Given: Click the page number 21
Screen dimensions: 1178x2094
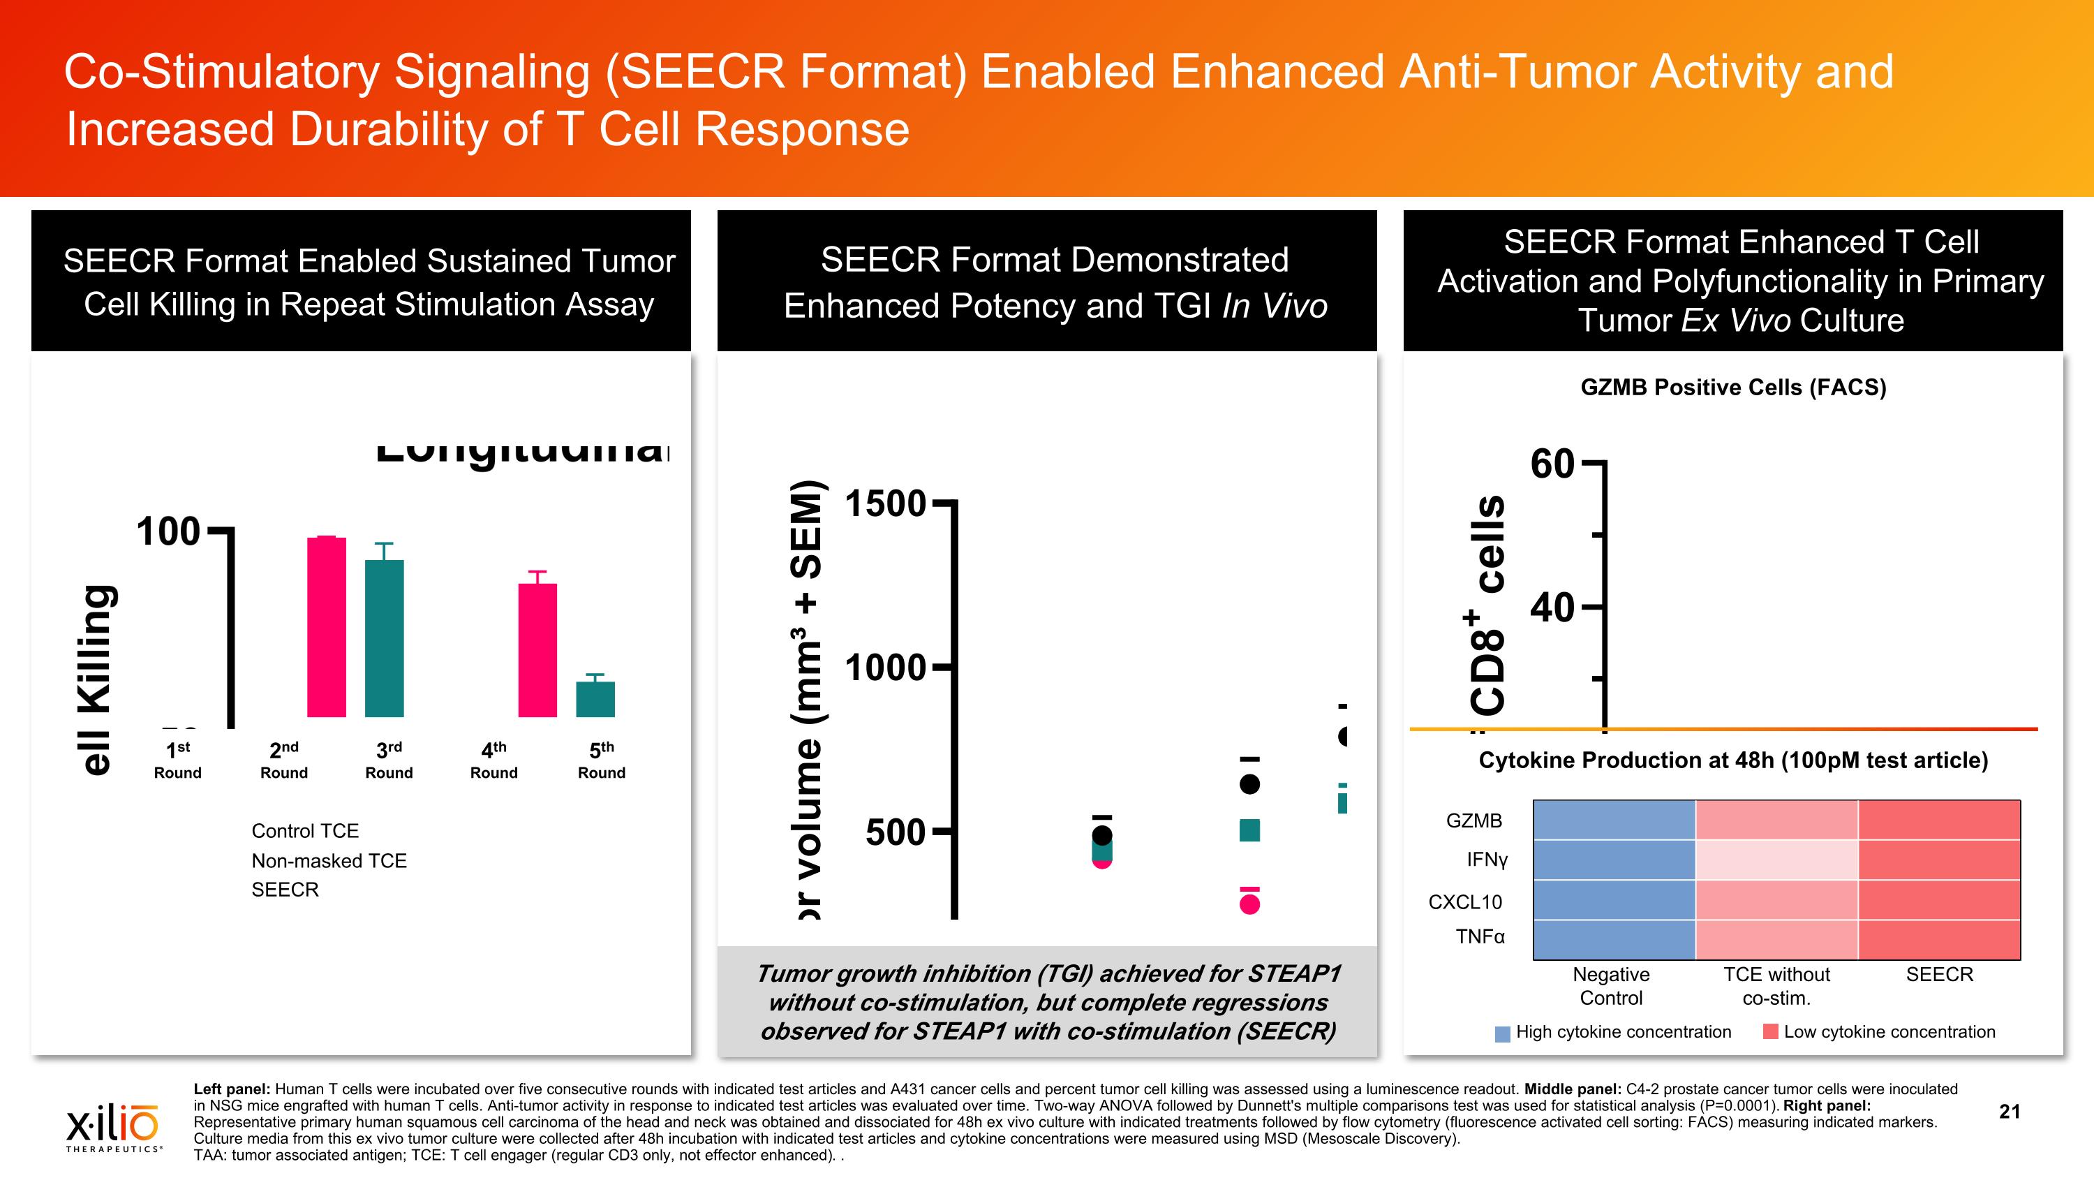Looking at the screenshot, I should tap(2010, 1112).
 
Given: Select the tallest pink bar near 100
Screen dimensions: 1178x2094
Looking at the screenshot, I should tap(326, 626).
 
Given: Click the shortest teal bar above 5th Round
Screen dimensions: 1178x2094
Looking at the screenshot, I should tap(595, 698).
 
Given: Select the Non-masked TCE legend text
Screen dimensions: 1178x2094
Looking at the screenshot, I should tap(328, 860).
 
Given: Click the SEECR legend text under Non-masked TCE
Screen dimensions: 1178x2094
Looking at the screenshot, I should tap(285, 890).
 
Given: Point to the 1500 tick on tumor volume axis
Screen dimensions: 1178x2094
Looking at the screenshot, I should tap(885, 503).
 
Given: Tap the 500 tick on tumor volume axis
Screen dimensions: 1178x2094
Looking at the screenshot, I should tap(895, 832).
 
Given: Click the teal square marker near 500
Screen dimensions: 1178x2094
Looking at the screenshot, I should tap(1249, 830).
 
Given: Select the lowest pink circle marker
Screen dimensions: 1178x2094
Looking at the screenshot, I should tap(1249, 903).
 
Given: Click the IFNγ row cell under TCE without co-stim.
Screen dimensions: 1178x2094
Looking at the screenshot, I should tap(1776, 860).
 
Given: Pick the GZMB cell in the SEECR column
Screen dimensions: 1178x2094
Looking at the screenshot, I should tap(1939, 820).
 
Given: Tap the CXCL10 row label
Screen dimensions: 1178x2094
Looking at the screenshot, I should tap(1465, 901).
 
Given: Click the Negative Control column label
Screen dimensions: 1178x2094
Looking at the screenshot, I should tap(1610, 985).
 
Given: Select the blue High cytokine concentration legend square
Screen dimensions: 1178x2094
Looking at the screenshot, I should tap(1502, 1033).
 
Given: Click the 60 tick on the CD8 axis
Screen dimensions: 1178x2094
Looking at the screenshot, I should tap(1552, 464).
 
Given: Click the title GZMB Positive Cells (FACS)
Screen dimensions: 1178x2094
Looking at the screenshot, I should tap(1733, 387).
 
